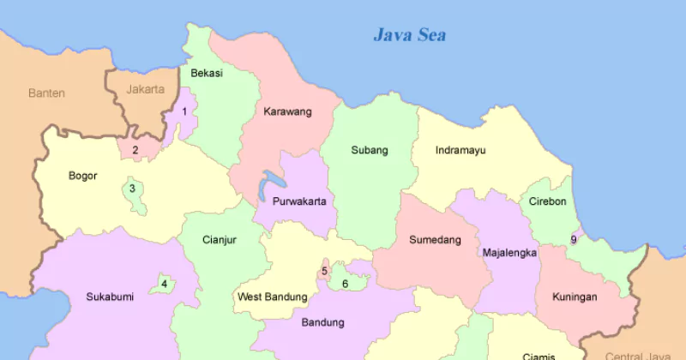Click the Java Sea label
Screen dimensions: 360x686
(410, 35)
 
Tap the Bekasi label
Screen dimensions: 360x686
(207, 73)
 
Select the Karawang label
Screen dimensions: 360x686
(287, 111)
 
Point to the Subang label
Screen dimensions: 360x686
(370, 150)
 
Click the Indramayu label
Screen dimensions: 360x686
(460, 150)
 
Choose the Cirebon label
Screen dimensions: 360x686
(547, 201)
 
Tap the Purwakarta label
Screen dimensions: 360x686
(298, 201)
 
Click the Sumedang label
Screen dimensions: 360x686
(435, 239)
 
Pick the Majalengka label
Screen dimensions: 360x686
(509, 253)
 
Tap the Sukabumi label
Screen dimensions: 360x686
(110, 297)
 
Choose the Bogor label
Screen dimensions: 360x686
(83, 176)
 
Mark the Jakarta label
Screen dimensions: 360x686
(145, 89)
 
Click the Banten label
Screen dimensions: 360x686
(46, 93)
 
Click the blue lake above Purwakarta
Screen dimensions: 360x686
(273, 183)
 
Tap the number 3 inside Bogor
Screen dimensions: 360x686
(132, 189)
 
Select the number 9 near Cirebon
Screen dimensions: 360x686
(574, 239)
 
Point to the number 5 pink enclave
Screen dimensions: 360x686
(324, 271)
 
